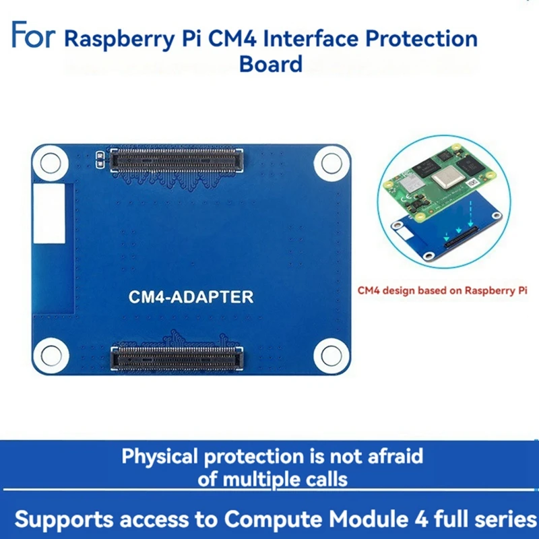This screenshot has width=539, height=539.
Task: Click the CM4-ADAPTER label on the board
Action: (191, 296)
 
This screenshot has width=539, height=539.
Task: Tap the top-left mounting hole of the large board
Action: (51, 162)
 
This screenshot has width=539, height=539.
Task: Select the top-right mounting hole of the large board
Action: (331, 162)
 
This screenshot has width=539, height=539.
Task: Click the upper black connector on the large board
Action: (177, 160)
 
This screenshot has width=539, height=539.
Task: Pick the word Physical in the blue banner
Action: (160, 456)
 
